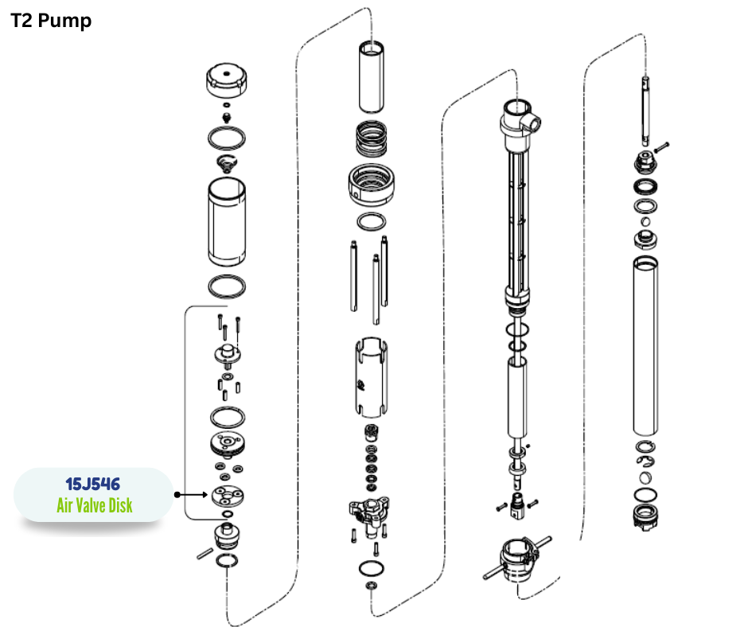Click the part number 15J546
tap(93, 484)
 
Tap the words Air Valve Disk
tap(95, 505)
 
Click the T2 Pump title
tap(51, 21)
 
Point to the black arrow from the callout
tap(191, 494)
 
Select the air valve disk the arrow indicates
tap(228, 497)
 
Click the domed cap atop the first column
tap(227, 80)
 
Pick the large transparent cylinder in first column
tap(227, 222)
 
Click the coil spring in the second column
tap(372, 139)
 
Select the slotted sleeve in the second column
tap(371, 377)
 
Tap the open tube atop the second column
tap(372, 77)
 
